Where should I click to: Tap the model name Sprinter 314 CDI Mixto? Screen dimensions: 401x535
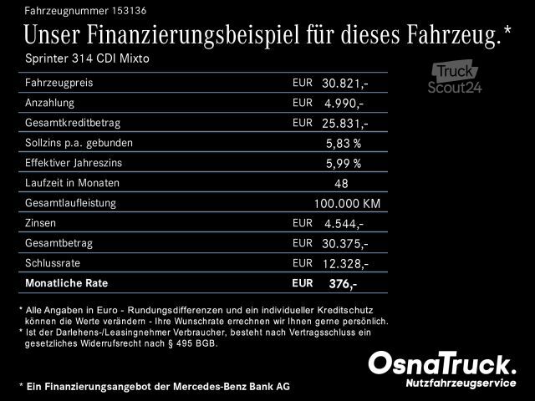click(89, 60)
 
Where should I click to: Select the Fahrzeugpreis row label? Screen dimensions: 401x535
click(59, 84)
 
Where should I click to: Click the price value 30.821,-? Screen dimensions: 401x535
click(345, 84)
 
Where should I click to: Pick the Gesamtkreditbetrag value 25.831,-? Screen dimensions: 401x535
click(345, 124)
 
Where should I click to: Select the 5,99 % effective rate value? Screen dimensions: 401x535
click(344, 164)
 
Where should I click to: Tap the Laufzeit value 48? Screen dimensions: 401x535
click(341, 184)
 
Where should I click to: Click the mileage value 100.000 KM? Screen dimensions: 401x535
click(347, 204)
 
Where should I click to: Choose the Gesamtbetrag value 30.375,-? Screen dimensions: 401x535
click(345, 244)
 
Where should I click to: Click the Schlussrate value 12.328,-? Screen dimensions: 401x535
click(345, 264)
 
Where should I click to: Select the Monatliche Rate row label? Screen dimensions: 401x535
click(67, 283)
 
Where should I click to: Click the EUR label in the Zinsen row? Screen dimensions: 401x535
click(302, 223)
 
